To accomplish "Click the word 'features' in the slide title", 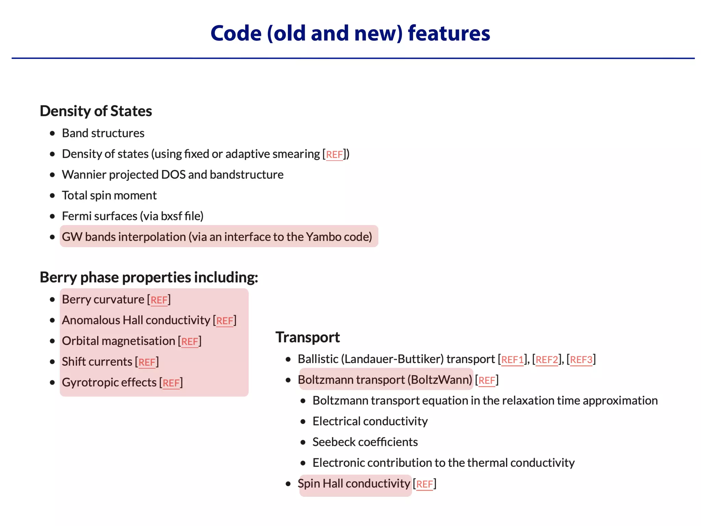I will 449,34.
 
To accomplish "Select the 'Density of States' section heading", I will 96,111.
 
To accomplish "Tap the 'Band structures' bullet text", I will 103,133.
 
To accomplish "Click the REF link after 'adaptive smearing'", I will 334,155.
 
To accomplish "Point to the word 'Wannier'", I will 84,175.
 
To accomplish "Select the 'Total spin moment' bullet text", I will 109,196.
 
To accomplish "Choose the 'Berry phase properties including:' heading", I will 149,277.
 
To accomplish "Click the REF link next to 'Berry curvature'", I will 159,300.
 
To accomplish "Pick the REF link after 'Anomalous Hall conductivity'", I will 225,321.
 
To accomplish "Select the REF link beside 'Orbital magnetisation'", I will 190,342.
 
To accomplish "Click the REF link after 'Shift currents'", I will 147,362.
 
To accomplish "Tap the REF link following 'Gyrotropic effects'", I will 171,383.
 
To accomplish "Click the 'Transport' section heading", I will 307,337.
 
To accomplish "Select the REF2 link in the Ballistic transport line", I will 547,360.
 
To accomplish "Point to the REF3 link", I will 581,360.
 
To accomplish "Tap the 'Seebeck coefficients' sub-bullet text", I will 365,442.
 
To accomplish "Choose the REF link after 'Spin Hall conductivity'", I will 424,484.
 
